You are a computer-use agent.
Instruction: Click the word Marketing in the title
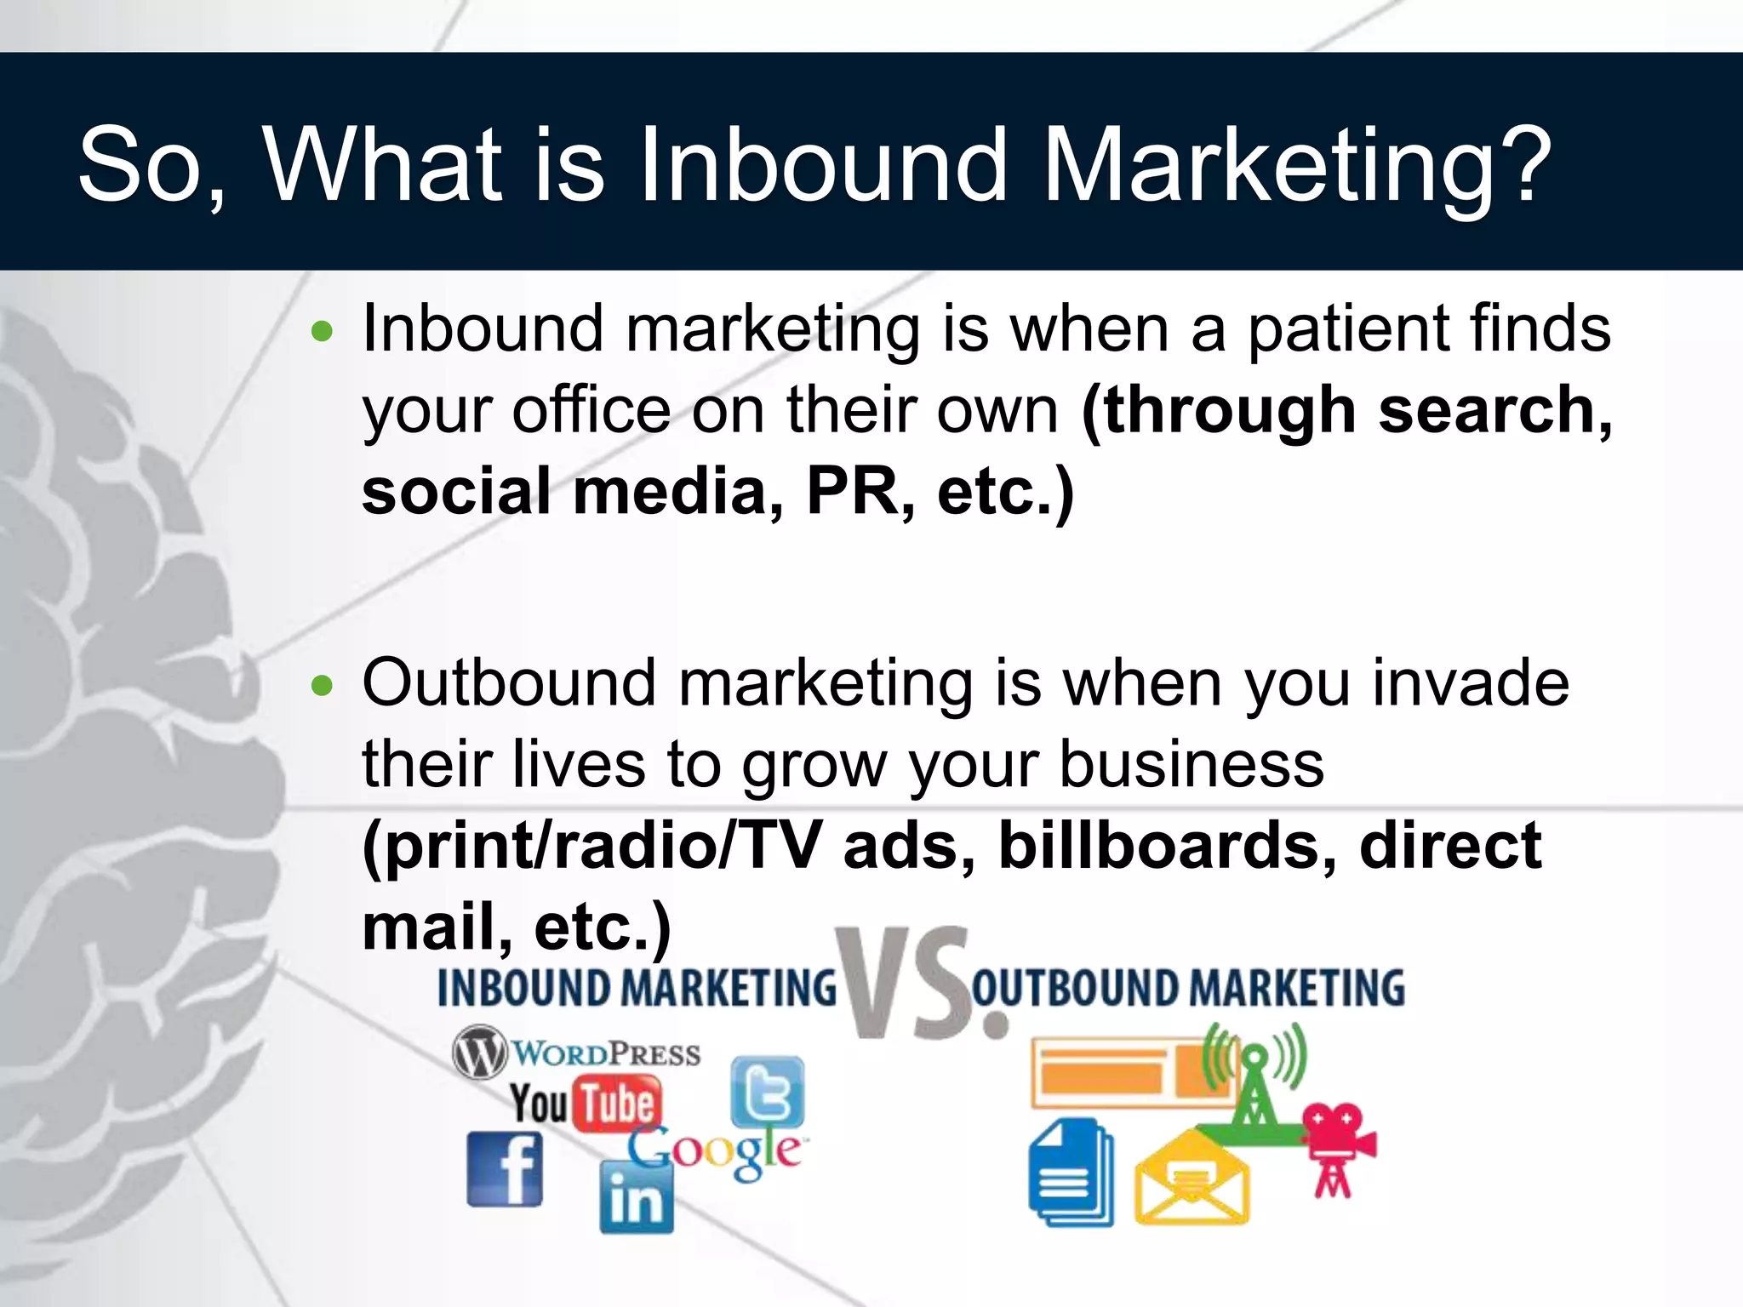[x=1268, y=166]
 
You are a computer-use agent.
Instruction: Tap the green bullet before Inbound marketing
[x=322, y=331]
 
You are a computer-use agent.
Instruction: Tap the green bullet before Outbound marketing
[x=322, y=685]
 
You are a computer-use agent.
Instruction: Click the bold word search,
[x=1494, y=411]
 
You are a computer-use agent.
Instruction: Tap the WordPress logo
[x=576, y=1053]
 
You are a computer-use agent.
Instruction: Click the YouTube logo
[x=586, y=1104]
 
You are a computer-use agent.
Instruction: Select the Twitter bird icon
[x=767, y=1092]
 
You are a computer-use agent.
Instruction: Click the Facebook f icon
[x=505, y=1168]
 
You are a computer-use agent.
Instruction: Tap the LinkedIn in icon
[x=636, y=1198]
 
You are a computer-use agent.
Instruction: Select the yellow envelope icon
[x=1192, y=1180]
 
